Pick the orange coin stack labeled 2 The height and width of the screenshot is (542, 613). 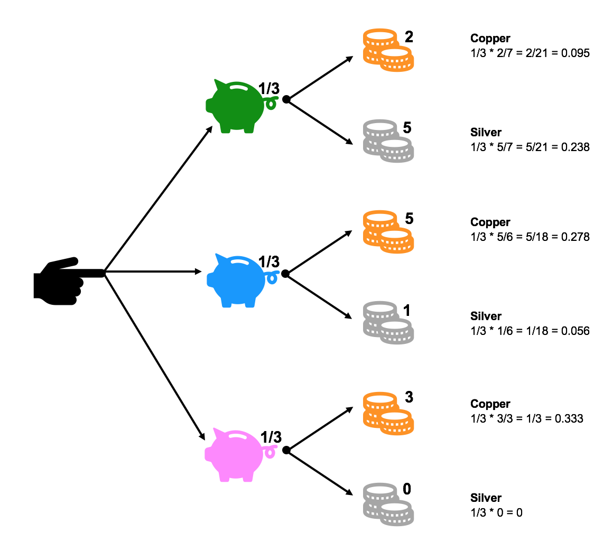pos(387,50)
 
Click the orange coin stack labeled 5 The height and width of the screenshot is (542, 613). pos(387,232)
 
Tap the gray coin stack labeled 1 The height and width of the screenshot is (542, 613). pos(387,323)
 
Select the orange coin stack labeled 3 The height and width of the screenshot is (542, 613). pos(387,413)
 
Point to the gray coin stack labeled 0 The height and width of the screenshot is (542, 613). pos(387,504)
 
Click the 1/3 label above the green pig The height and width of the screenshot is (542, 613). pos(269,88)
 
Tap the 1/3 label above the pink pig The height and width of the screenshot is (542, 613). pos(271,437)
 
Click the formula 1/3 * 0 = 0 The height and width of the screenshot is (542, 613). pos(496,512)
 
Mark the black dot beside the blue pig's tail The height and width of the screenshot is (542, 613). pos(285,274)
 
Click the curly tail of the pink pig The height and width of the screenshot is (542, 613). pos(271,452)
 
